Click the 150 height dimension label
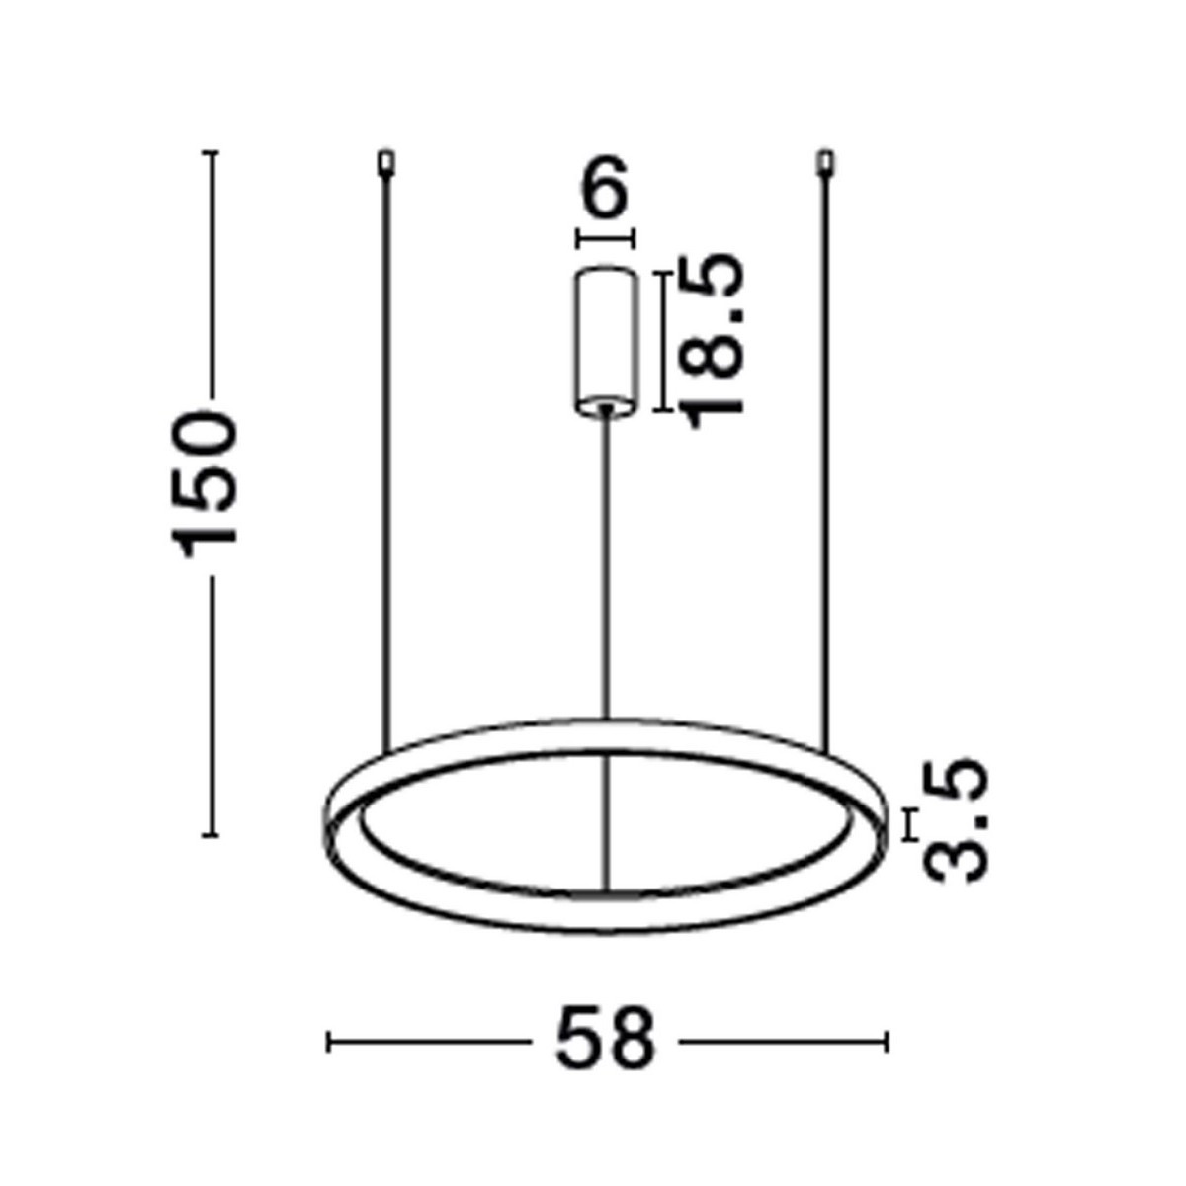point(206,484)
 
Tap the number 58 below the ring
point(605,1040)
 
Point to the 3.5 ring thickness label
point(957,822)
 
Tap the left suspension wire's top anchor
point(386,162)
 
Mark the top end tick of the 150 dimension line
point(209,153)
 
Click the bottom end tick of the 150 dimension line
point(209,836)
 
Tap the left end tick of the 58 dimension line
point(329,1041)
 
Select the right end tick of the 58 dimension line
point(887,1041)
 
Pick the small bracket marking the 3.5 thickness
point(910,825)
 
